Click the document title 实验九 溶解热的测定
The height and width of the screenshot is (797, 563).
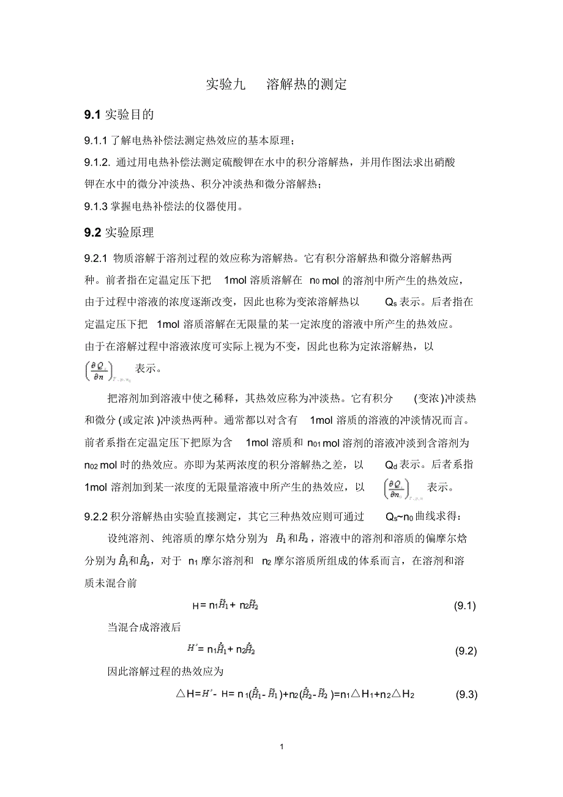pos(276,84)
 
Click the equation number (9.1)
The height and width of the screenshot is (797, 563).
pos(464,606)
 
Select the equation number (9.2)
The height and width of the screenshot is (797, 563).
pos(464,651)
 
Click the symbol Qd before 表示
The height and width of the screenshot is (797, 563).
pos(392,465)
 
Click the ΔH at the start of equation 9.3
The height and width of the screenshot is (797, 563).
pos(185,694)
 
